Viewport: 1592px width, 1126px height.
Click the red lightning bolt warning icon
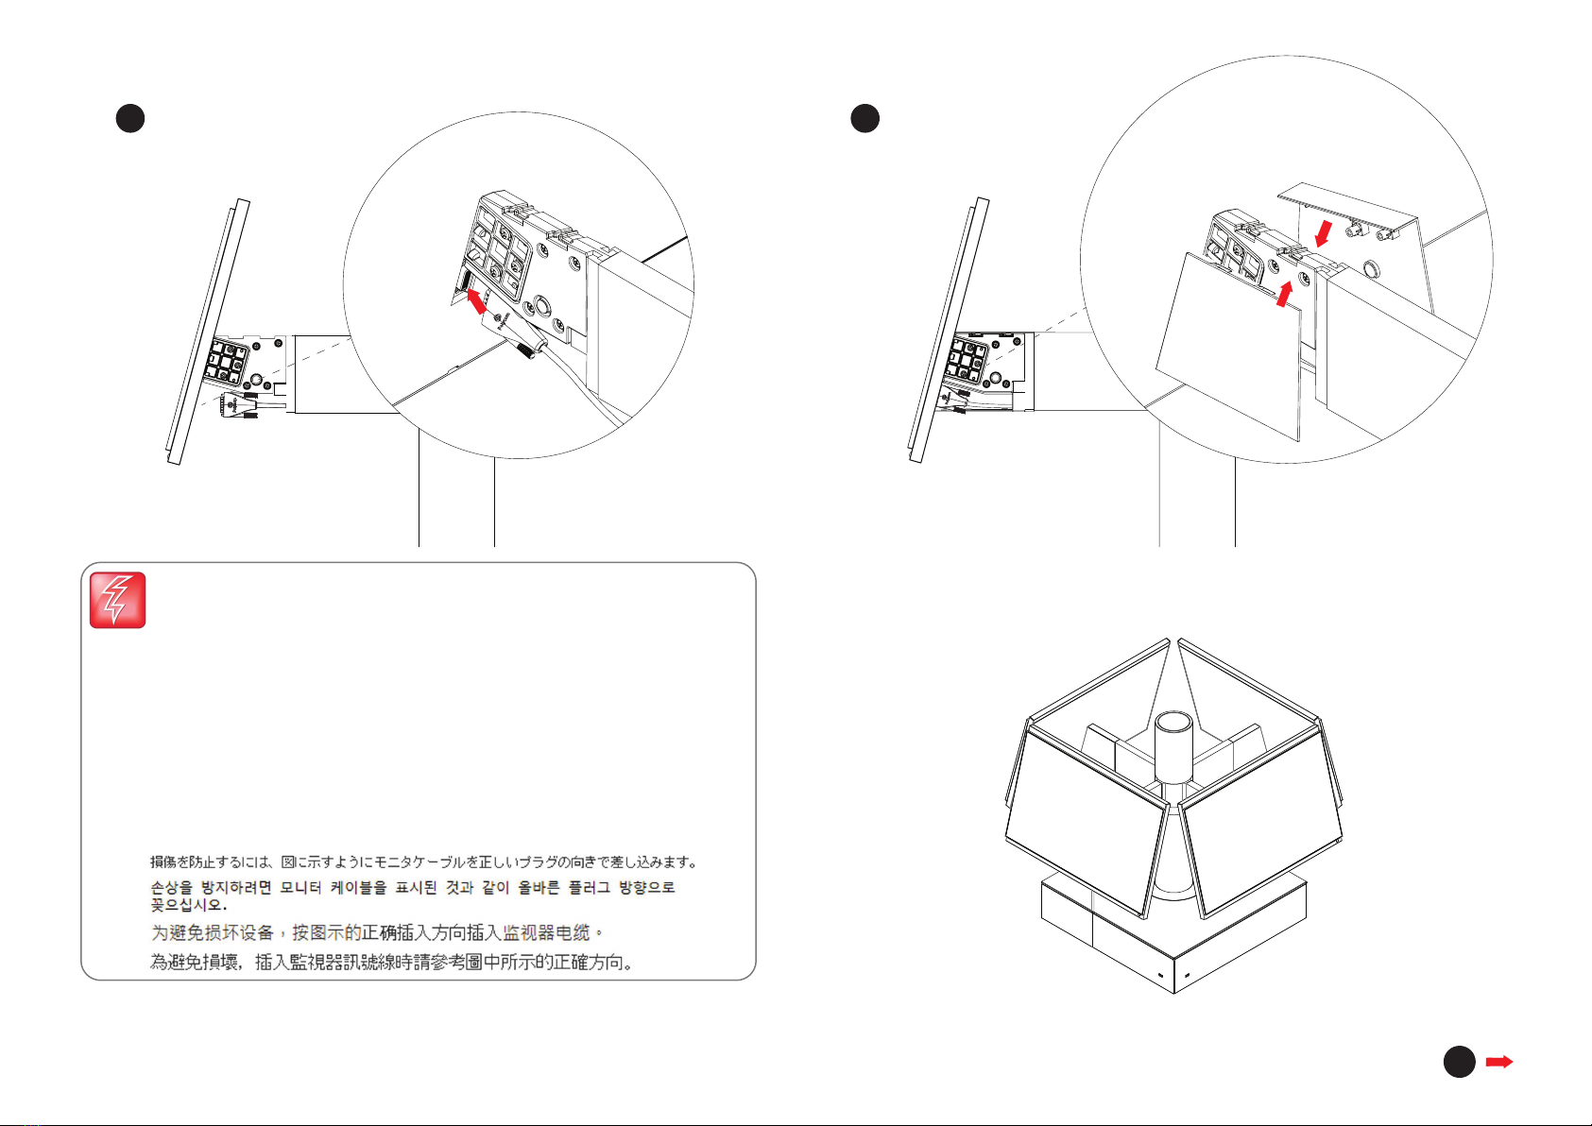(117, 600)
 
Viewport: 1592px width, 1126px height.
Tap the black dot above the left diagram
(130, 118)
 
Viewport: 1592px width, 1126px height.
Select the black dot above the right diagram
(864, 118)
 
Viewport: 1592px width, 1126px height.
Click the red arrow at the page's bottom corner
(1499, 1062)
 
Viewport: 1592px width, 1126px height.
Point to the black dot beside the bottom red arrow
(1460, 1062)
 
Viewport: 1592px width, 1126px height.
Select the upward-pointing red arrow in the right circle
(1284, 294)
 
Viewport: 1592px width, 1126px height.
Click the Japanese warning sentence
(423, 862)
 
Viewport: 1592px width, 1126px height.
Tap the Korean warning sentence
(412, 896)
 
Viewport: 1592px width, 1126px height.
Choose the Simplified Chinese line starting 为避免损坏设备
(377, 932)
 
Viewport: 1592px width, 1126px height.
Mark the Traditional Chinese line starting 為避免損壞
(391, 963)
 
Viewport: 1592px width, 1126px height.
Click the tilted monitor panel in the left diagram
(208, 332)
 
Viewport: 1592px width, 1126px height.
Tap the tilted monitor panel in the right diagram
(949, 331)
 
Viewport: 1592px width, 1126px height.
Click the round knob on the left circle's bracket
(541, 306)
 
